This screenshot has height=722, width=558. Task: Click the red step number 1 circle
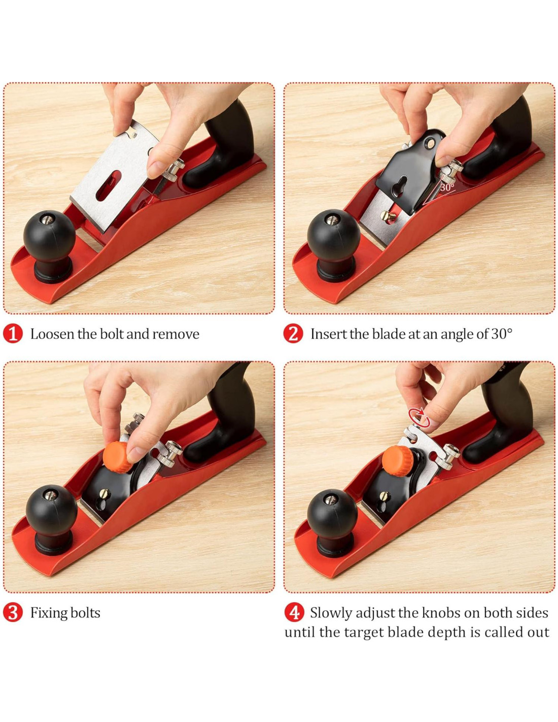[13, 334]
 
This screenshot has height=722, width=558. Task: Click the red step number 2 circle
[293, 334]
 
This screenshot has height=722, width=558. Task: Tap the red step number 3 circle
[13, 613]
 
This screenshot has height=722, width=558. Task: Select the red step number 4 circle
[294, 613]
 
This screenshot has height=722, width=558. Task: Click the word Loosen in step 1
[52, 334]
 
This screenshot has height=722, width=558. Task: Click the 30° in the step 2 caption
[502, 334]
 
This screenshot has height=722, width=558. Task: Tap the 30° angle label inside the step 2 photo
[448, 187]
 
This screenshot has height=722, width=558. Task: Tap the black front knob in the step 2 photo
[334, 245]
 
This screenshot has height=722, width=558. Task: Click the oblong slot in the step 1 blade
[108, 185]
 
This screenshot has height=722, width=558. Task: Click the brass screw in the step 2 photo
[388, 216]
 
